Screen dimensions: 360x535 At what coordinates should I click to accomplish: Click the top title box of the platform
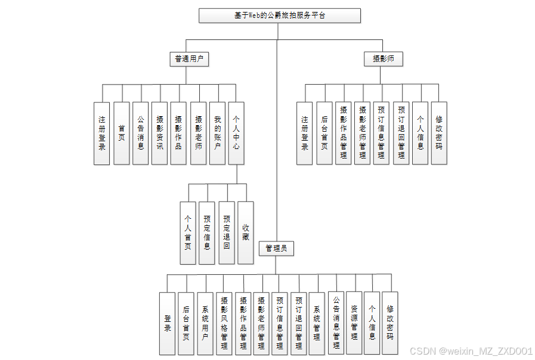pos(279,15)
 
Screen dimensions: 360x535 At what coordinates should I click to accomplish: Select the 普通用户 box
pos(188,58)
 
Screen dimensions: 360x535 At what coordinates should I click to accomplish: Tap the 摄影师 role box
pos(384,58)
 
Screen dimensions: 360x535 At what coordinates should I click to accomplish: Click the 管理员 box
pos(276,248)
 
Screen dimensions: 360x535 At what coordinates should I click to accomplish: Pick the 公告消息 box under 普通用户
pos(141,133)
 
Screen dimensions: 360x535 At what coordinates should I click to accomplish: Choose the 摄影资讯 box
pos(160,133)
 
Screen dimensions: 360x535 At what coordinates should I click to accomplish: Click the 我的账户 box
pos(218,133)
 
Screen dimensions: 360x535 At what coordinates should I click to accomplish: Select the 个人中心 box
pos(237,133)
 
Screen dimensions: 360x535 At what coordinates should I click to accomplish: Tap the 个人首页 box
pos(188,233)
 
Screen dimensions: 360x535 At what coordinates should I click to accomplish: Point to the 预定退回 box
pos(227,233)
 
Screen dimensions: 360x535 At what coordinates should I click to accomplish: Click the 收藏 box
pos(246,233)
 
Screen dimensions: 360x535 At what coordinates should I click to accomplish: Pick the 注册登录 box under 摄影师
pos(305,133)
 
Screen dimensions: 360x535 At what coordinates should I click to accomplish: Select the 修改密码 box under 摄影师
pos(439,133)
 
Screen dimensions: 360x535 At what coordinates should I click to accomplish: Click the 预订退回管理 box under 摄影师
pos(401,133)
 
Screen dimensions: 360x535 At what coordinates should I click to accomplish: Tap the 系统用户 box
pos(205,323)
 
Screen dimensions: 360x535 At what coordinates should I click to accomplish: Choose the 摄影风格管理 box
pos(224,323)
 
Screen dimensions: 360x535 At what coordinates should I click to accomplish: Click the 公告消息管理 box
pos(336,323)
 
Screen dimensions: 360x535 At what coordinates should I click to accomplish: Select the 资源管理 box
pos(354,323)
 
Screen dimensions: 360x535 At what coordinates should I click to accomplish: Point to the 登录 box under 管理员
pos(168,323)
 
